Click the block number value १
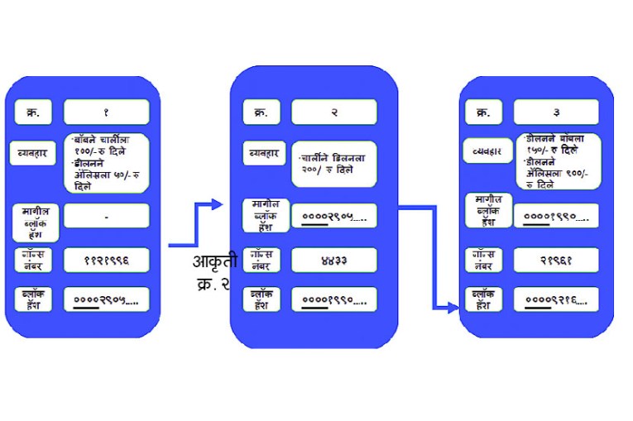pyautogui.click(x=106, y=112)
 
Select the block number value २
pyautogui.click(x=333, y=112)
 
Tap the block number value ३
pyautogui.click(x=555, y=112)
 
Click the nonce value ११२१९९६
pyautogui.click(x=106, y=260)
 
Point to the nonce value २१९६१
pyautogui.click(x=555, y=260)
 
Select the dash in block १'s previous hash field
pyautogui.click(x=106, y=217)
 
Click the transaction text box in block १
pyautogui.click(x=106, y=163)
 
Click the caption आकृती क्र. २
pyautogui.click(x=214, y=273)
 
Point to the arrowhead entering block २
pyautogui.click(x=218, y=204)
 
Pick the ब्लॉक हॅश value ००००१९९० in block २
pyautogui.click(x=333, y=299)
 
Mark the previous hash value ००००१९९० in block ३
pyautogui.click(x=555, y=217)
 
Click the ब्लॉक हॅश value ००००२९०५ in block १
pyautogui.click(x=106, y=299)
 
